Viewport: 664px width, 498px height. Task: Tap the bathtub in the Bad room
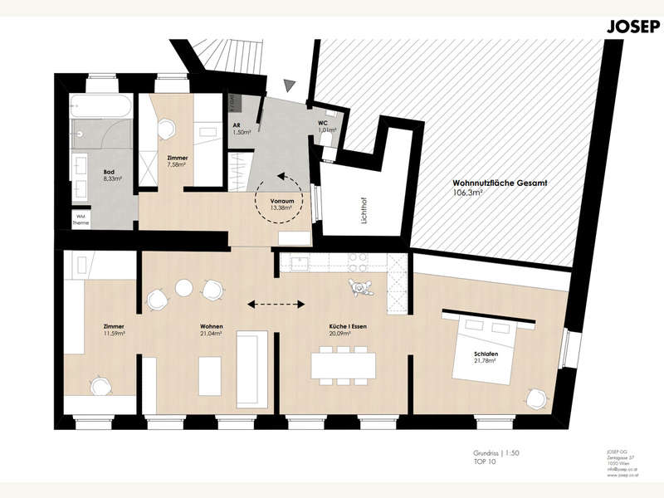[99, 107]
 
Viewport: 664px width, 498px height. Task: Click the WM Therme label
[82, 218]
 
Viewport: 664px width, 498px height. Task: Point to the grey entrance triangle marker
[289, 85]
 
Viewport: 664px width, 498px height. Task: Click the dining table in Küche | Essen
[344, 364]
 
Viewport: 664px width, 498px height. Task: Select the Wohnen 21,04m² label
[211, 330]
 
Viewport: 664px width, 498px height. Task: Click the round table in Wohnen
[183, 288]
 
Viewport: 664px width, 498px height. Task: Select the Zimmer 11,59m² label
[113, 330]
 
